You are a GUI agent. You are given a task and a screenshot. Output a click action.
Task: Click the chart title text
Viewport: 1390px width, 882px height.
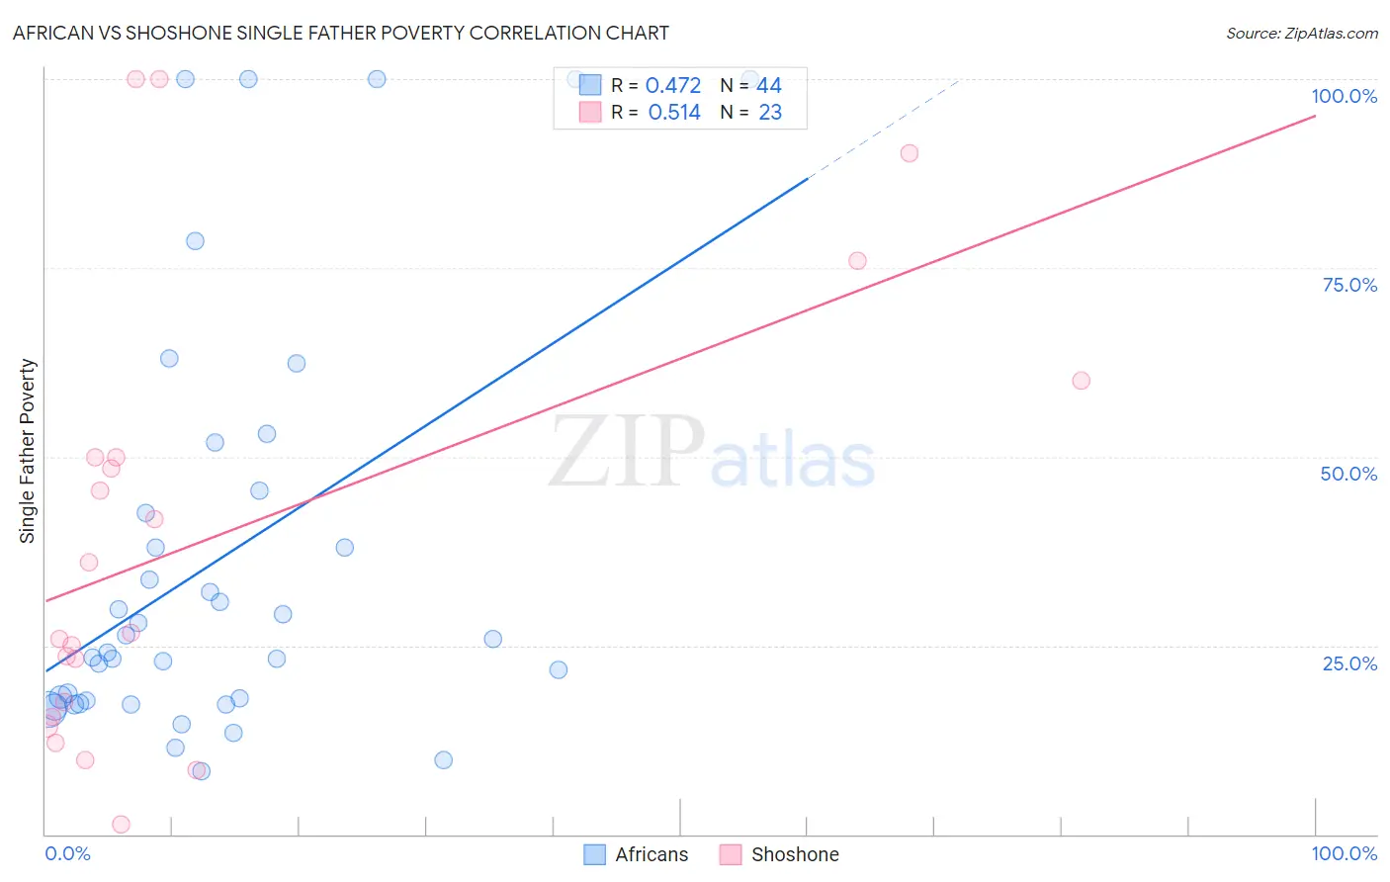341,33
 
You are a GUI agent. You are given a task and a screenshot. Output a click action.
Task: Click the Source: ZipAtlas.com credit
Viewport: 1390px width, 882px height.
1301,34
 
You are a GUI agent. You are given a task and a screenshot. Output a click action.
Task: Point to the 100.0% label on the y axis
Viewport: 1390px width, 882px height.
1344,96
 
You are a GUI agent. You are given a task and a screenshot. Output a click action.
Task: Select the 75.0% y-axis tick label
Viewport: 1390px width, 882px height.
1349,285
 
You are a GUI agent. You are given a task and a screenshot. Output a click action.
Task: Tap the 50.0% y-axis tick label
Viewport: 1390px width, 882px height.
1348,474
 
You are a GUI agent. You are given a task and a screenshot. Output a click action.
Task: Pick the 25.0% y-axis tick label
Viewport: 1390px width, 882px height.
1349,662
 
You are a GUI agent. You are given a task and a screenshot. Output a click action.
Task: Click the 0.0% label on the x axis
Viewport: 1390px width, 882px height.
67,853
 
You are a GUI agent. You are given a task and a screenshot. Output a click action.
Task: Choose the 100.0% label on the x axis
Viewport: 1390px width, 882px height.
1344,853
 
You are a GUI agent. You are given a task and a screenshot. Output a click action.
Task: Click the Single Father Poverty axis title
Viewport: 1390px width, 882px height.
28,451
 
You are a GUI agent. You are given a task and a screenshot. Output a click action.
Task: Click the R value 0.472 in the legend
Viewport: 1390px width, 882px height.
673,86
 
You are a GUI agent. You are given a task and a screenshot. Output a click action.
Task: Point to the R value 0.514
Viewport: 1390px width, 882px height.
674,113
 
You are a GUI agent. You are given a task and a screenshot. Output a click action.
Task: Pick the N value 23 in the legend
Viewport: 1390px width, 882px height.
770,113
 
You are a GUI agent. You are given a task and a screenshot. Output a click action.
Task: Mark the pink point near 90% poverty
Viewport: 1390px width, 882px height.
910,153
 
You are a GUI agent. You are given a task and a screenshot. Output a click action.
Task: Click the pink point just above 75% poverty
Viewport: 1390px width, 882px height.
857,261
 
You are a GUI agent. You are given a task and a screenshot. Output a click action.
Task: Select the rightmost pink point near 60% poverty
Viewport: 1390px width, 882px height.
1081,381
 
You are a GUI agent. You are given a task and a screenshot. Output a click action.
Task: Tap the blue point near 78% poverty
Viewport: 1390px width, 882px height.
195,241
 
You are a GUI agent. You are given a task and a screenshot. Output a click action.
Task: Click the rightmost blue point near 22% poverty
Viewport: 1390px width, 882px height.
559,669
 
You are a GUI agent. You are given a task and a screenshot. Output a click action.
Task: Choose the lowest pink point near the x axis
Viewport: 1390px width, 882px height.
122,825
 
